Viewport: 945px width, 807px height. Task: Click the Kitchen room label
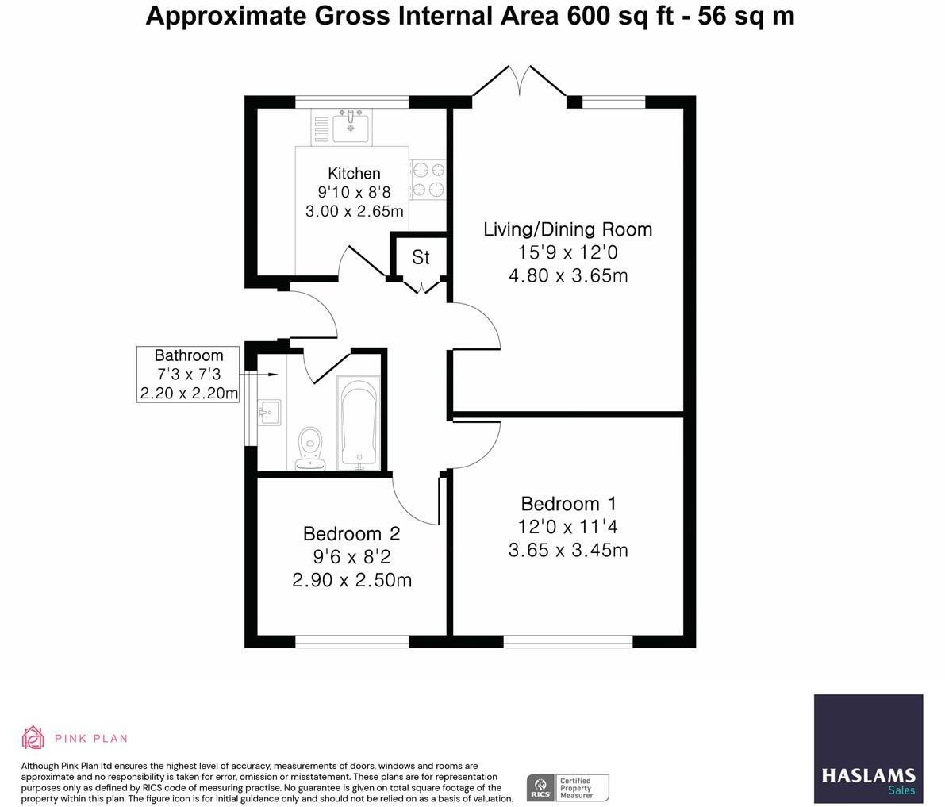point(354,173)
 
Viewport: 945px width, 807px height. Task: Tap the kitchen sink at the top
point(350,126)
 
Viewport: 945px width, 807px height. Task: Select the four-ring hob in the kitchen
point(428,179)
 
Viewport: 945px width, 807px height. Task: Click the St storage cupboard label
point(421,257)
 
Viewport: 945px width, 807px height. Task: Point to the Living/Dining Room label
point(567,229)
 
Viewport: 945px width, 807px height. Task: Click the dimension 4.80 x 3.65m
point(567,275)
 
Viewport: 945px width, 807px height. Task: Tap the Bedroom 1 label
point(568,504)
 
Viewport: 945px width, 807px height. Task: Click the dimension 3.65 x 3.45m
point(568,550)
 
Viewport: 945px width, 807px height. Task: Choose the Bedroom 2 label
point(351,534)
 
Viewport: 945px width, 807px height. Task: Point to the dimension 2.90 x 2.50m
point(351,580)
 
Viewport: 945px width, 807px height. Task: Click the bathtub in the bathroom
point(359,423)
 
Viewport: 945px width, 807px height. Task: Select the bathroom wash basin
point(268,412)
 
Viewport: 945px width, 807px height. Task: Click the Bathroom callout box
point(188,374)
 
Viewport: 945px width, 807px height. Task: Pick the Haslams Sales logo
point(868,748)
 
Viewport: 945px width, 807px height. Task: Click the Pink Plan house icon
point(33,737)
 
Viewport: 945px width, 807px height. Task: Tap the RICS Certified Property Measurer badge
point(567,787)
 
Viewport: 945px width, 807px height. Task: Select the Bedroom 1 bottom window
point(567,641)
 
